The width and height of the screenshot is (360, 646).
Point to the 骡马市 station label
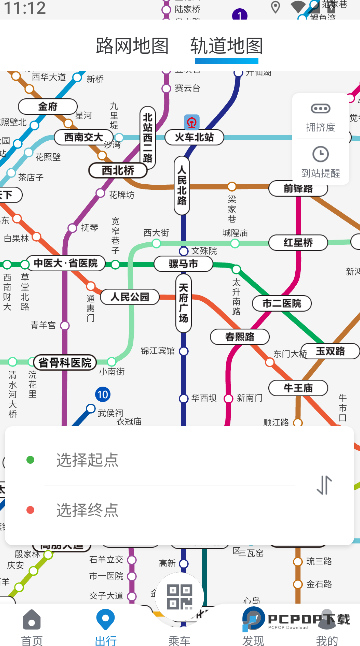(183, 264)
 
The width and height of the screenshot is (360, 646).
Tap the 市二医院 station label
(281, 303)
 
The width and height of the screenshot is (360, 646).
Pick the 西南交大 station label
(83, 137)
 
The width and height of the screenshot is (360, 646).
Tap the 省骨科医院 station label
(63, 362)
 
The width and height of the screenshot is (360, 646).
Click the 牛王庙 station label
(299, 387)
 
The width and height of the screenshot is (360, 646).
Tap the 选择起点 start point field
(87, 459)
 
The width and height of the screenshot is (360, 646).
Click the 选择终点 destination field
(87, 510)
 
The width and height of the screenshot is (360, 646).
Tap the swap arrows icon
(324, 485)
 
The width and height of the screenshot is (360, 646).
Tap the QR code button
(180, 597)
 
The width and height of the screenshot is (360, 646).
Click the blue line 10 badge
(102, 395)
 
